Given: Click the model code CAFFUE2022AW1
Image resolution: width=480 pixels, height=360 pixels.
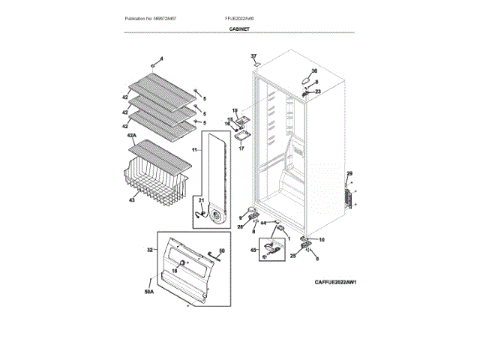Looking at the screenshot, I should [x=334, y=282].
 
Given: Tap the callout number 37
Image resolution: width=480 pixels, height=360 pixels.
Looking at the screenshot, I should [x=253, y=57].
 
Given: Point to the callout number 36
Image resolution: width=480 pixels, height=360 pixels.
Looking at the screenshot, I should [x=314, y=70].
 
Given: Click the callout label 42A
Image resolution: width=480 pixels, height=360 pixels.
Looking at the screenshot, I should [x=132, y=136].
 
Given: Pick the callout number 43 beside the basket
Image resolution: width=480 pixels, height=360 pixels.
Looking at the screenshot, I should [x=132, y=199].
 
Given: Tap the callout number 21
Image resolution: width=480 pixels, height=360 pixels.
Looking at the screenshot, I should [x=200, y=199].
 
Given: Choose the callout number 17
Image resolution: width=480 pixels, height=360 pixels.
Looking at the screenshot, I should [x=241, y=149].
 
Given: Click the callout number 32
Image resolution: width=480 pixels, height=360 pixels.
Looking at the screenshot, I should [x=149, y=249].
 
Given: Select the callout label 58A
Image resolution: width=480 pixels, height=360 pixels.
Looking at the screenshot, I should [x=148, y=290].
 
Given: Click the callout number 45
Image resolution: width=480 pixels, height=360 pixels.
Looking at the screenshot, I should [x=253, y=249].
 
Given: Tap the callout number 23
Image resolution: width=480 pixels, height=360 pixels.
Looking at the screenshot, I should [x=317, y=91].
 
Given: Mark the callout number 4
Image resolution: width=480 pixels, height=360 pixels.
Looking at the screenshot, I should [x=160, y=58].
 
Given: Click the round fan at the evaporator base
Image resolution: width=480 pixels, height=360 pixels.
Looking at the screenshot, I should [x=217, y=216].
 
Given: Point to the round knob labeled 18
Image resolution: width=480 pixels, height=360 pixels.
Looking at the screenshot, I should [x=181, y=262].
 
